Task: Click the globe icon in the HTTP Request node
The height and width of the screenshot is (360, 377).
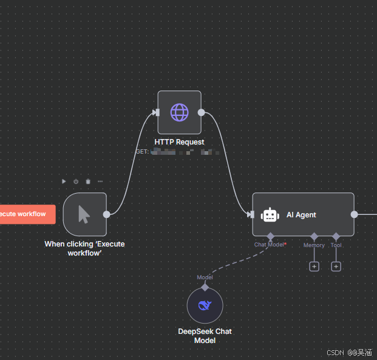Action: [179, 112]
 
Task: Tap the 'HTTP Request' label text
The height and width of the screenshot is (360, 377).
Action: [179, 142]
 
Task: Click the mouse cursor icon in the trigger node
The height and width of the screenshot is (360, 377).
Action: [84, 214]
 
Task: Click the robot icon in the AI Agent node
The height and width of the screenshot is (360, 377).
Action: [270, 215]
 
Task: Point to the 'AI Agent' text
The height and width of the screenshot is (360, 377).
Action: [301, 215]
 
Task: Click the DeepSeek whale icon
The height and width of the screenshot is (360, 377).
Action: [205, 305]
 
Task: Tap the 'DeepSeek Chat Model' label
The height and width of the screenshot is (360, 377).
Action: [205, 336]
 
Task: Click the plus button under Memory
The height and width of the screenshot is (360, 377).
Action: [314, 267]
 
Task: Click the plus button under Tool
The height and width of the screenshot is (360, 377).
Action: [336, 267]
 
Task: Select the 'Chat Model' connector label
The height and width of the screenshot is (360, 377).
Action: [270, 245]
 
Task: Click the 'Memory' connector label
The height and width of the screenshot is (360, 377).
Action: [314, 245]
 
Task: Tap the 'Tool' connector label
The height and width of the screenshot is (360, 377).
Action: [336, 245]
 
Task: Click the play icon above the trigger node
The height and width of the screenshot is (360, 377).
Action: [64, 181]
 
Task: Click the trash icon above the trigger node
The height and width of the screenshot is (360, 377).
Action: [88, 181]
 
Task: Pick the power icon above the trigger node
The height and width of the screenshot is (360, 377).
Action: [76, 181]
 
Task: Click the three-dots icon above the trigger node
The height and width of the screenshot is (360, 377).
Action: [100, 181]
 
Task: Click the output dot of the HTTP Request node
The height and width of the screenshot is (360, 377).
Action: [202, 112]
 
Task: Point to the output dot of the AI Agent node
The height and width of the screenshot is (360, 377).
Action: [355, 214]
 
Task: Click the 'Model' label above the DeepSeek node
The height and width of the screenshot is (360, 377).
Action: [205, 277]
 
